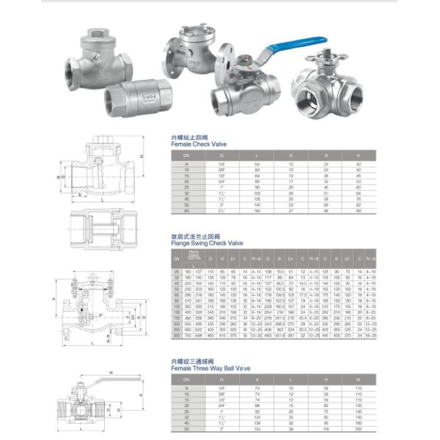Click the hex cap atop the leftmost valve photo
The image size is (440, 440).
(x=97, y=35)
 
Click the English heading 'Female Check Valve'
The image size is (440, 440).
(x=199, y=144)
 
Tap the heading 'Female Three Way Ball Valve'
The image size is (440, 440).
(x=210, y=367)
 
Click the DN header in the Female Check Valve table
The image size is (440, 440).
(x=186, y=155)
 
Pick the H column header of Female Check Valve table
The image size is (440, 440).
(x=358, y=155)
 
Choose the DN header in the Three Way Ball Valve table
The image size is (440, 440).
(x=186, y=379)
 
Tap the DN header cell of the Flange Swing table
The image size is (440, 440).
(x=176, y=259)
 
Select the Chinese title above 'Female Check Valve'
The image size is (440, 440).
(x=185, y=137)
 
